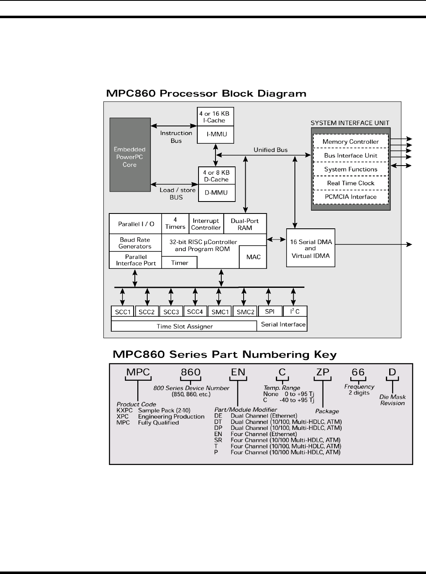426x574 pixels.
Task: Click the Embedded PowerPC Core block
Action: click(130, 155)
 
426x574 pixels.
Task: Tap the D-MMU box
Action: click(217, 193)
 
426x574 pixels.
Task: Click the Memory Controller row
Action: click(351, 141)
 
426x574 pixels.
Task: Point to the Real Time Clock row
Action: click(351, 183)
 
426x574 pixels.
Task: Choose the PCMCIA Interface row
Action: click(351, 197)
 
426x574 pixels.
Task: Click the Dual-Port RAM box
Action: click(245, 224)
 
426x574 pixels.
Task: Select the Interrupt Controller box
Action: click(206, 224)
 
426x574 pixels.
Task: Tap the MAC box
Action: click(253, 257)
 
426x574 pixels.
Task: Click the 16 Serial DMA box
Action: click(311, 248)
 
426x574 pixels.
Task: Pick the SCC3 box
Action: click(171, 311)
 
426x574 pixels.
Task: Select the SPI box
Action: click(270, 311)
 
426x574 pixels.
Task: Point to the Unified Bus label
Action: click(270, 150)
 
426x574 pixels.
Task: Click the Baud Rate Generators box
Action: click(135, 243)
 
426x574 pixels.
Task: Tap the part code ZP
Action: click(323, 372)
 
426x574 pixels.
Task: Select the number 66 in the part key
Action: click(358, 372)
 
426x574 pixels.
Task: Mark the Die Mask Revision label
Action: click(392, 400)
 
